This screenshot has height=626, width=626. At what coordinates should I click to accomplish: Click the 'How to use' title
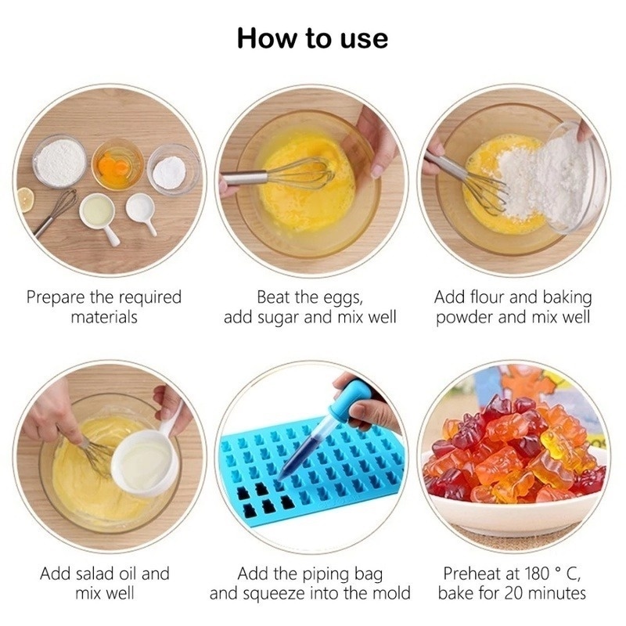(312, 37)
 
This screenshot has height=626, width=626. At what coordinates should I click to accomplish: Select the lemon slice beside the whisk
(25, 199)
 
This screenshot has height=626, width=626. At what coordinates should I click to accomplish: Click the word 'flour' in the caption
(494, 297)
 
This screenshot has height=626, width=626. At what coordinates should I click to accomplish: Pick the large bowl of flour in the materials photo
(60, 162)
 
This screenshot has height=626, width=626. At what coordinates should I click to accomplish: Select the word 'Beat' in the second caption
(273, 297)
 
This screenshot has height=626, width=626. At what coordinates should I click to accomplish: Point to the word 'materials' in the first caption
(104, 318)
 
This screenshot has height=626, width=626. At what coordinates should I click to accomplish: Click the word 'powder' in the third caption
(465, 318)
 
